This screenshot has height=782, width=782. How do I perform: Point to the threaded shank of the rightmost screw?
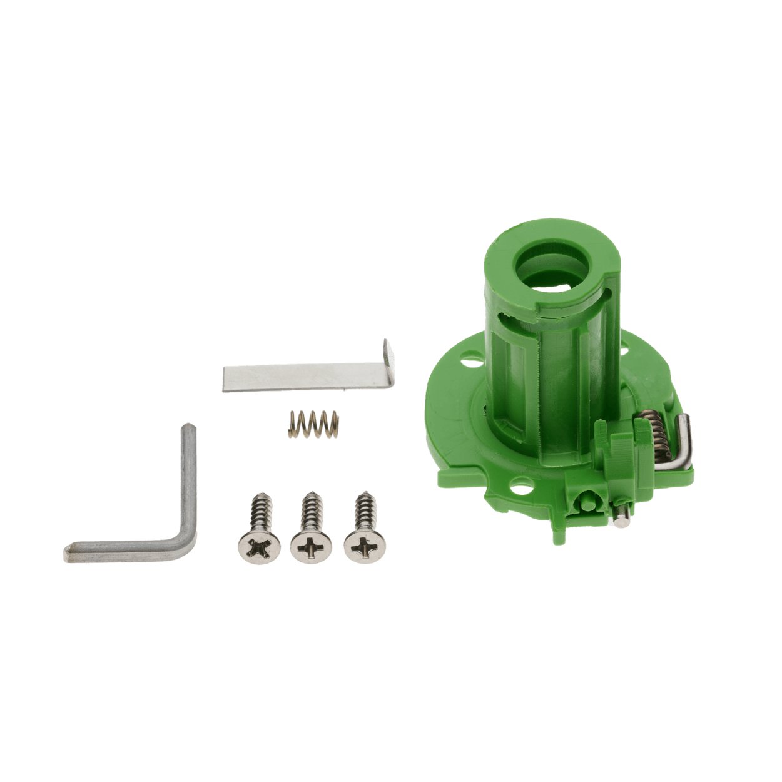tap(363, 510)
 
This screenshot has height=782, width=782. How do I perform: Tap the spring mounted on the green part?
tap(658, 432)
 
